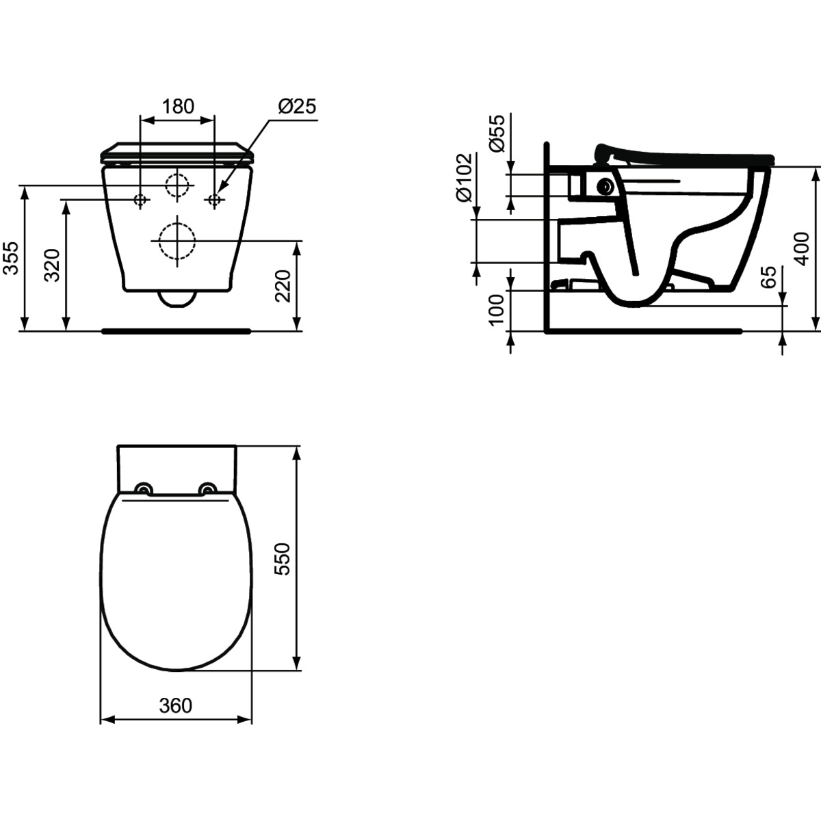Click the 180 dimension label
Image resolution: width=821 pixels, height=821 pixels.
coord(178,106)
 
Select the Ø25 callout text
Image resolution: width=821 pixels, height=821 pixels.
coord(298,106)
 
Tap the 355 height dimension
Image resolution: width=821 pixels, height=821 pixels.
coord(11,258)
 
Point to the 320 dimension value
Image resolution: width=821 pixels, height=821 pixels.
coord(53,265)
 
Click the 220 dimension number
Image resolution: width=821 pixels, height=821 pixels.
coord(283,286)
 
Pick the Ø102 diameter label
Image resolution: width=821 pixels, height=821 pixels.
coord(464,177)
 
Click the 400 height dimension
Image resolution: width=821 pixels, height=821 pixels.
coord(802,249)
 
